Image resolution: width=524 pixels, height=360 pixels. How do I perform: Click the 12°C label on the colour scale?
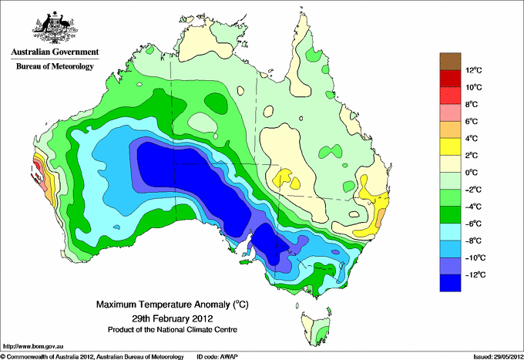tap(473, 71)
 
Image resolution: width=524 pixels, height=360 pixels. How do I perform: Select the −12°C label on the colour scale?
tap(473, 274)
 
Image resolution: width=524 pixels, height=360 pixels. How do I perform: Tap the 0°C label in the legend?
tap(472, 173)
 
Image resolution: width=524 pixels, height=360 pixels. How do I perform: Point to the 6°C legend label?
tap(472, 122)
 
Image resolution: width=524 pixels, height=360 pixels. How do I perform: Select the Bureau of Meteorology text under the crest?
tap(54, 67)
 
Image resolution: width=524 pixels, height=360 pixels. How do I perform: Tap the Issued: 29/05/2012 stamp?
tap(493, 356)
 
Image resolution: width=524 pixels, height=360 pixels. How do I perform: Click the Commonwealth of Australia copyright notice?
tap(92, 356)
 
